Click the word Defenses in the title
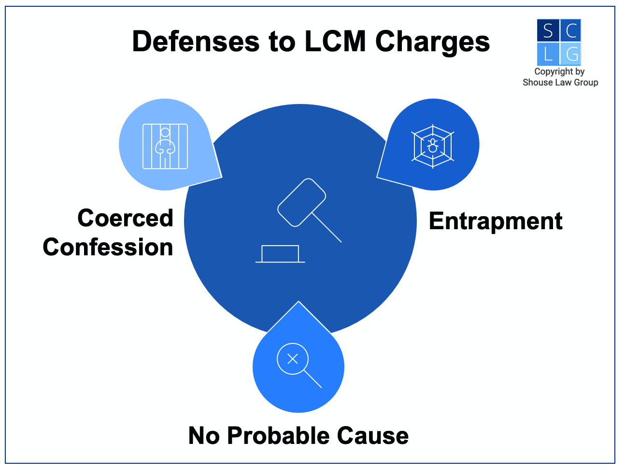196,42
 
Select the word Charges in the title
432,43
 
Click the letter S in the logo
548,31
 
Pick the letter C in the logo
571,31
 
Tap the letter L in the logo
548,54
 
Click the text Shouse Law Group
560,83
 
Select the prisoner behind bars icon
165,146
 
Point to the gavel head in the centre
301,203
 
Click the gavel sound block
280,254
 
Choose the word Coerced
125,218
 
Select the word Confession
108,247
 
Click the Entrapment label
496,221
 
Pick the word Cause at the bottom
373,436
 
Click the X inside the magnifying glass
293,358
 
